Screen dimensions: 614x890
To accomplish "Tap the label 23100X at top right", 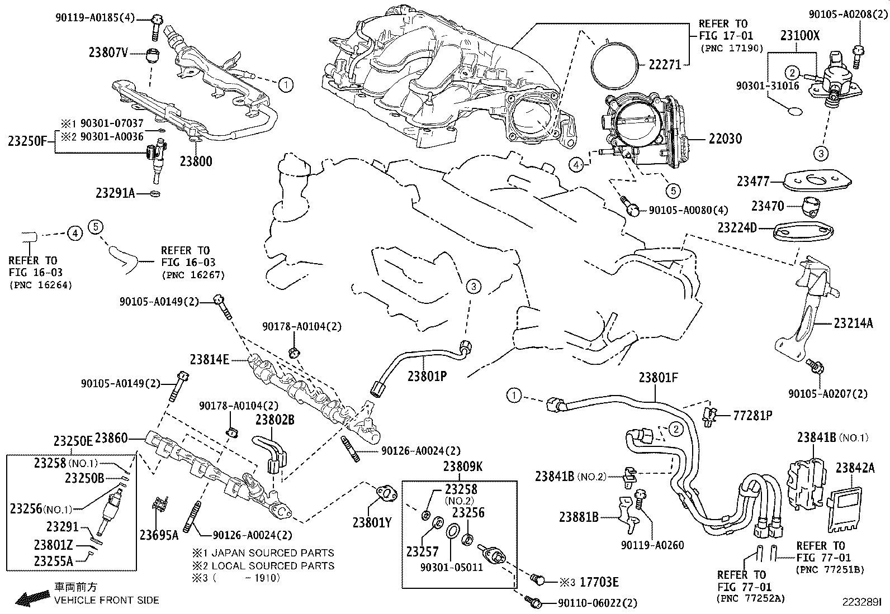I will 800,35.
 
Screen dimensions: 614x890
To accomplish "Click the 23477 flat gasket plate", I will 817,180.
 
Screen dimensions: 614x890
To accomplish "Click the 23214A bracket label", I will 854,323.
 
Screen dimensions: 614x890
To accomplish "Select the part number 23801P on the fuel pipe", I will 427,376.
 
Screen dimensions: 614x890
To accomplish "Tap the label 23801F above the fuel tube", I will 659,379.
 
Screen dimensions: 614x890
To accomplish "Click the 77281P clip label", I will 753,416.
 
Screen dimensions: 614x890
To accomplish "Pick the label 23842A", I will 855,468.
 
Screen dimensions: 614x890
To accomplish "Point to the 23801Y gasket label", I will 372,522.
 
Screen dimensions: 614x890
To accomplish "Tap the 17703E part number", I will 599,582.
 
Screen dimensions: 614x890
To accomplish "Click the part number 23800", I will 196,161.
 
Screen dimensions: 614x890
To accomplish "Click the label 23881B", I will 579,517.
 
